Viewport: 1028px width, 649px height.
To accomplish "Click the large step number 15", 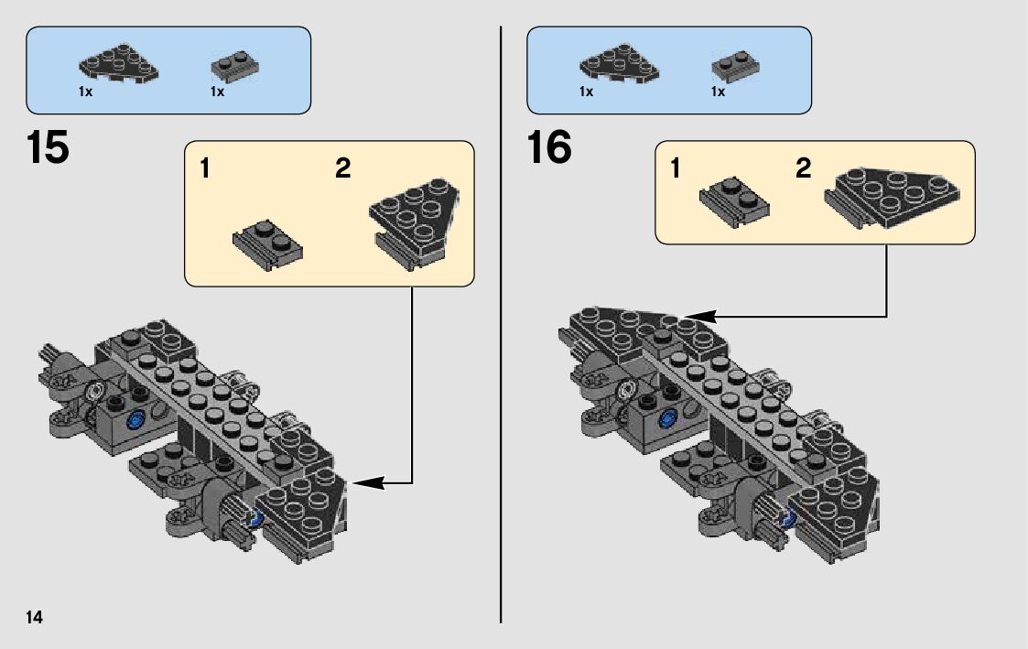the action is (49, 148).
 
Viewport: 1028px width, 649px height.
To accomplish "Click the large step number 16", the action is (549, 148).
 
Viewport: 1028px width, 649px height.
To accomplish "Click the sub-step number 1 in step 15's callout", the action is (205, 169).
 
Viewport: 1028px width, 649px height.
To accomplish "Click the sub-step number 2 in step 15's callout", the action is (343, 169).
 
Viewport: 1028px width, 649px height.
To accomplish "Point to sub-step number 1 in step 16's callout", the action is (675, 169).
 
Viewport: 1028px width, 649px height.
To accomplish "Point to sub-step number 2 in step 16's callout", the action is (803, 169).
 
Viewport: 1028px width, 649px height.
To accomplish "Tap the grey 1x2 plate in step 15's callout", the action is (268, 243).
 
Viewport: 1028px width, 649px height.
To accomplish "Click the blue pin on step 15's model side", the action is (138, 420).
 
